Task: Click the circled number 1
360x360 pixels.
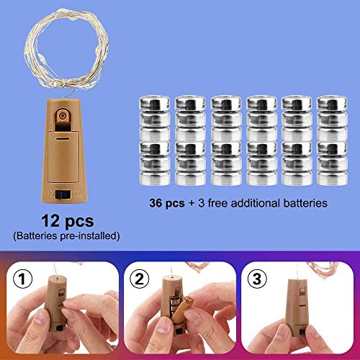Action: tap(22, 279)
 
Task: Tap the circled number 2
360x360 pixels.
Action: tap(140, 279)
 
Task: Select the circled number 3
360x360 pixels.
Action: tap(257, 279)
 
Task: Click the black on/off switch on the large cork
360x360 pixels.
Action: tap(63, 194)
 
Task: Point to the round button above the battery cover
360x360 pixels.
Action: tap(63, 116)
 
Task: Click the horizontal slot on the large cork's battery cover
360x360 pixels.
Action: tap(63, 139)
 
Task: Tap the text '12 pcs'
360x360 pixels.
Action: tap(68, 221)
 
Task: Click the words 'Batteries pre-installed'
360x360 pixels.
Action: tap(66, 236)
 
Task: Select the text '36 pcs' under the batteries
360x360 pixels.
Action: tap(167, 203)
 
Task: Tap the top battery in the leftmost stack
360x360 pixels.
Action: tap(154, 104)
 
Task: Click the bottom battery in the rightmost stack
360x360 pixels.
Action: tap(332, 178)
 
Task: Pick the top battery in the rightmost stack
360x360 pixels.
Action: tap(332, 104)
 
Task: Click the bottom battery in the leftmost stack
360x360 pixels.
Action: tap(154, 178)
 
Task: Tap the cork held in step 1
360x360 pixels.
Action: tap(55, 304)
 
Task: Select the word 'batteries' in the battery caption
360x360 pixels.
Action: tap(305, 203)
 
